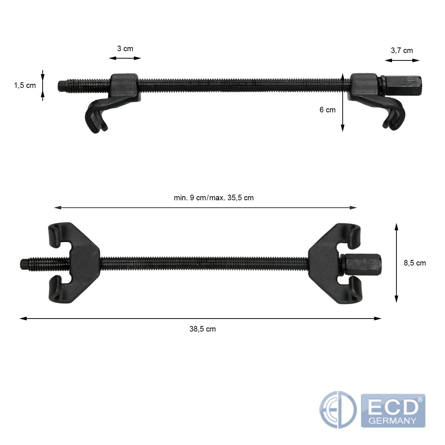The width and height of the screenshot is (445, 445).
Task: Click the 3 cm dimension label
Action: pos(125,49)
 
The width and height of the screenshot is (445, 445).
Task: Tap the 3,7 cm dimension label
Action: pos(402,50)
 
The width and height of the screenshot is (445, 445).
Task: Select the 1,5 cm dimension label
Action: pos(25,85)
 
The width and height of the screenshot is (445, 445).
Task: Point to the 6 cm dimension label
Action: pos(327,110)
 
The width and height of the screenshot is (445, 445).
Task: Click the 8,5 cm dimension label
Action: pos(415,263)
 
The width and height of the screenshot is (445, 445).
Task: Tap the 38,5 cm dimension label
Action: pos(202,329)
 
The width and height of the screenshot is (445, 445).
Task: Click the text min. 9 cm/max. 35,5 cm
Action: pos(214,198)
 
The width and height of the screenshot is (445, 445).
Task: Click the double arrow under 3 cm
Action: pos(125,58)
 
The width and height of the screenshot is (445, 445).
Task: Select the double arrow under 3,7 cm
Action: pos(402,60)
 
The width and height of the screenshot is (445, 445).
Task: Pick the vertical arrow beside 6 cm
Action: pos(343,102)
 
